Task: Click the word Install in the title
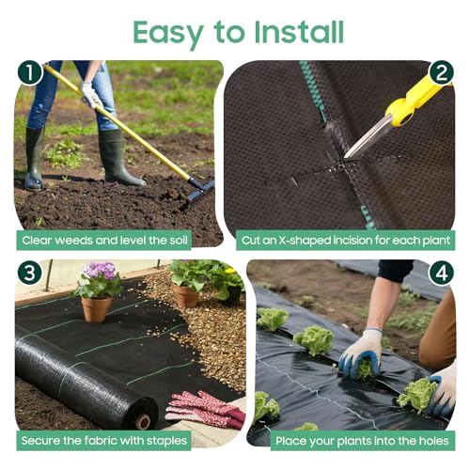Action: (299, 32)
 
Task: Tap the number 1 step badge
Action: (30, 72)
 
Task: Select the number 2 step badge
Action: (441, 72)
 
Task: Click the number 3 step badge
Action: (30, 273)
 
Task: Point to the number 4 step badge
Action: (442, 273)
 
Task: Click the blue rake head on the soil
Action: (198, 192)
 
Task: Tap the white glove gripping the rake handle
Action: (91, 95)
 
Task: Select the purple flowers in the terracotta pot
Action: (101, 271)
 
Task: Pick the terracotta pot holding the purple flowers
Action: (96, 309)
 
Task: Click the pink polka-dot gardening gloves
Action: (205, 410)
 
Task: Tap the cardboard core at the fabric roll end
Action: (143, 421)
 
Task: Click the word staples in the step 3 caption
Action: (166, 441)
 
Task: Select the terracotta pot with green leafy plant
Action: (185, 295)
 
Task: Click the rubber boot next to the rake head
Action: (119, 158)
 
